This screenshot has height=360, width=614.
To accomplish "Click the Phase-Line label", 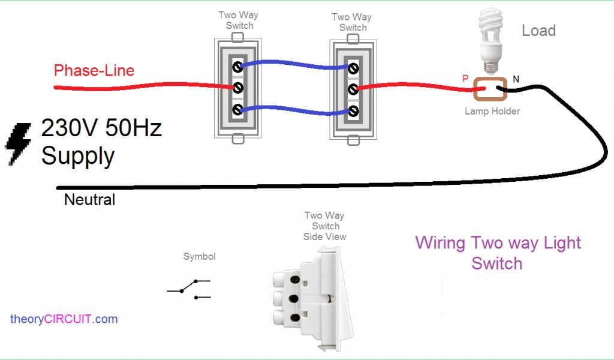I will [94, 71].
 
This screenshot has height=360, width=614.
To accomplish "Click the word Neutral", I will [89, 199].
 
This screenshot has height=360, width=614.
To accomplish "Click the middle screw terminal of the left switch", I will [238, 88].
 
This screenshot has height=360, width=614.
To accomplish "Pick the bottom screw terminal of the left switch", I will [238, 110].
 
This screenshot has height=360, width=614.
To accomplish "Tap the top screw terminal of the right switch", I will [353, 68].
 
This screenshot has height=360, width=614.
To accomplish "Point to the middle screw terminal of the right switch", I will [353, 90].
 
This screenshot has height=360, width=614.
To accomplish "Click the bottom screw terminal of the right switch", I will [353, 111].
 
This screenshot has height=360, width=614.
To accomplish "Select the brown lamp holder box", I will [490, 91].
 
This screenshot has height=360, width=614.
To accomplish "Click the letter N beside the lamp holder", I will [515, 79].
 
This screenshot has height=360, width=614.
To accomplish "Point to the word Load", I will [538, 31].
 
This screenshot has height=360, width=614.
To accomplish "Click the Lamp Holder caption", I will [492, 111].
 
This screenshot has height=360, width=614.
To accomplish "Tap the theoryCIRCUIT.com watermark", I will [64, 319].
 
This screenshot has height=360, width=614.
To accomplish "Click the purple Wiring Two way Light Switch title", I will [498, 253].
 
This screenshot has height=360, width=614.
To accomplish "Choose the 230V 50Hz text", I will [101, 128].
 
